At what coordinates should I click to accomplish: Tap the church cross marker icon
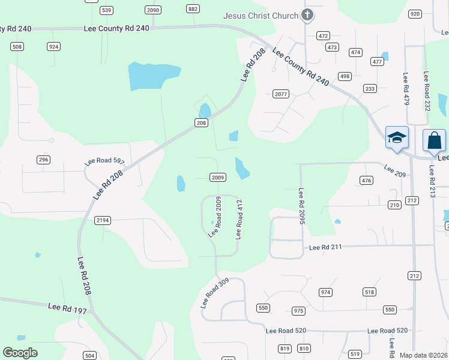[x=307, y=15]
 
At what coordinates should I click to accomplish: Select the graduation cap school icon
[x=397, y=139]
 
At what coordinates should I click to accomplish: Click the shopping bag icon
[x=434, y=141]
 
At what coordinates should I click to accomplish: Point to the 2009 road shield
[x=218, y=177]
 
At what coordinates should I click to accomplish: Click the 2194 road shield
[x=103, y=220]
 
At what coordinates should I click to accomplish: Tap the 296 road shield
[x=43, y=160]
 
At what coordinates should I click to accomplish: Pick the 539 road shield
[x=107, y=10]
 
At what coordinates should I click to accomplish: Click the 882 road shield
[x=193, y=8]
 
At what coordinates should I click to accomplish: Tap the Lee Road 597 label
[x=104, y=161]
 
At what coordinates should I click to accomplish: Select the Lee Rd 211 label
[x=325, y=247]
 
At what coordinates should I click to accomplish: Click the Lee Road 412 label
[x=239, y=220]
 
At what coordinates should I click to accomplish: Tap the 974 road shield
[x=325, y=292]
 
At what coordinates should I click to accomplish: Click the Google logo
[x=20, y=353]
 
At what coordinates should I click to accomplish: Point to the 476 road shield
[x=366, y=180]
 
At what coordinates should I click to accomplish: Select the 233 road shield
[x=370, y=89]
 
